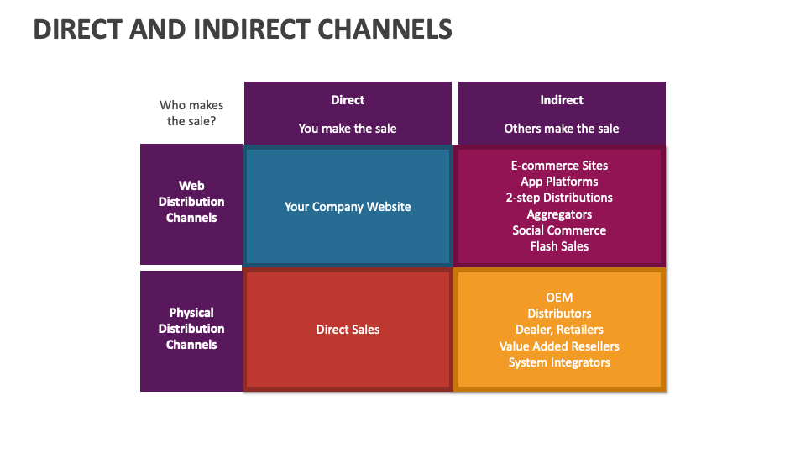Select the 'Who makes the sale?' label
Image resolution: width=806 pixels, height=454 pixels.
click(x=191, y=113)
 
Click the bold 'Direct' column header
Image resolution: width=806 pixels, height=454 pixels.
click(x=348, y=100)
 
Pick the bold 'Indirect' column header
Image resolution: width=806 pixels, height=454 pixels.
click(x=562, y=100)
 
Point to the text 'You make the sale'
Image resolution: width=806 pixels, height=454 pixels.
click(x=348, y=129)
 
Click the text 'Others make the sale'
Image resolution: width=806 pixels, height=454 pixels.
click(x=562, y=129)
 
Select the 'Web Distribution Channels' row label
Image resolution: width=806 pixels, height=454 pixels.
click(x=191, y=202)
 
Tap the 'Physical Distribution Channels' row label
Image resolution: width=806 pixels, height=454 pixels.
click(x=191, y=329)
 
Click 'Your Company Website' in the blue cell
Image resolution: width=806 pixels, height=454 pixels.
click(x=348, y=206)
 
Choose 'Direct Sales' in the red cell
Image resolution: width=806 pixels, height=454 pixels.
click(x=348, y=330)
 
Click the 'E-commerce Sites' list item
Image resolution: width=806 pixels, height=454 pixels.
click(x=559, y=166)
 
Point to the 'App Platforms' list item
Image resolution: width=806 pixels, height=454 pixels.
click(x=559, y=182)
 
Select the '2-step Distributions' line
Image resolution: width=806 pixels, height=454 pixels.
click(x=559, y=198)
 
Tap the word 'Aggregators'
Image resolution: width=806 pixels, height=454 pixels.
click(x=559, y=214)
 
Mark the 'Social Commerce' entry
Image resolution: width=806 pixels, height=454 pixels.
click(x=559, y=230)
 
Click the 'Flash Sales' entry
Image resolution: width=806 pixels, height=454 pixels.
click(x=559, y=246)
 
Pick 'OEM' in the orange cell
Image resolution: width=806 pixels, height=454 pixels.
click(x=559, y=298)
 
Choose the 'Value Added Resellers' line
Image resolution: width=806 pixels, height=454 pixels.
click(x=559, y=346)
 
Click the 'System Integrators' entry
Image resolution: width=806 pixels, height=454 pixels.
click(x=559, y=362)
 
